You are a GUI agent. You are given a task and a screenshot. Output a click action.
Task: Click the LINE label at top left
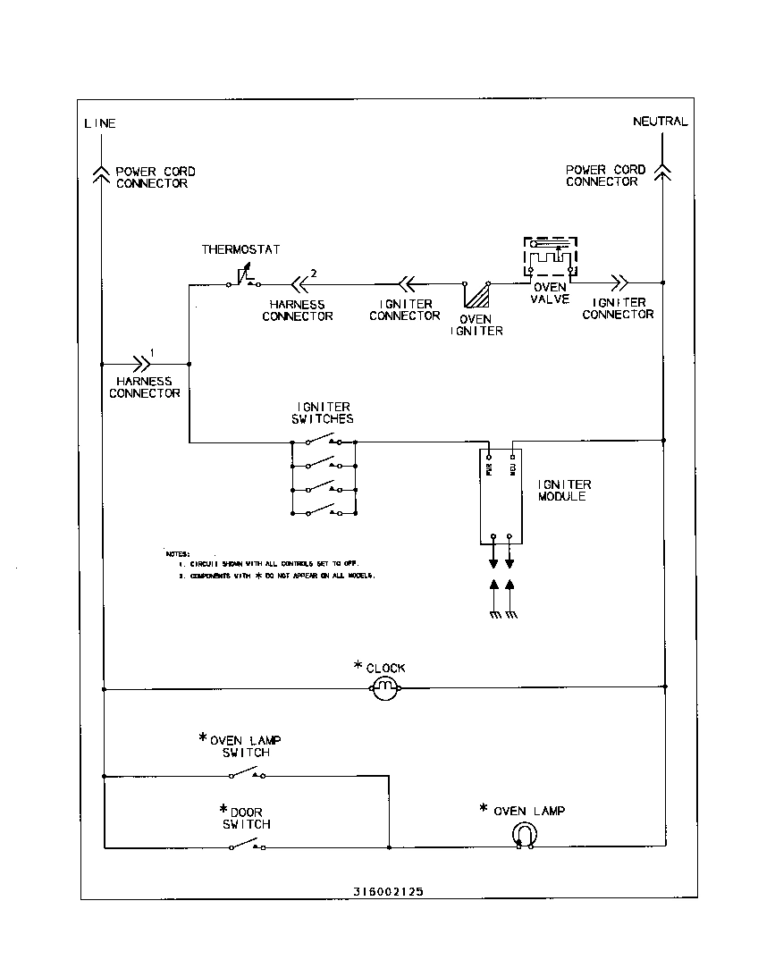pos(100,123)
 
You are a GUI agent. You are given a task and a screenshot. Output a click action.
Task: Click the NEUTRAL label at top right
pos(660,122)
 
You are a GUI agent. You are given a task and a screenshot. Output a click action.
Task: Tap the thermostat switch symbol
pos(243,280)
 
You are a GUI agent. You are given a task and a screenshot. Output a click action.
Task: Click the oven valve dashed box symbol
pos(551,257)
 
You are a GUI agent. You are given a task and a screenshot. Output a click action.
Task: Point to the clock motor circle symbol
pos(384,686)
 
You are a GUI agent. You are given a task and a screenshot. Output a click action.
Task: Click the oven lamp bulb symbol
pos(525,835)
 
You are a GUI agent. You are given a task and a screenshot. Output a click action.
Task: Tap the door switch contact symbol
pos(247,845)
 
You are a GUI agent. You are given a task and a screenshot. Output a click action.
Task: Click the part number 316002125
pos(388,891)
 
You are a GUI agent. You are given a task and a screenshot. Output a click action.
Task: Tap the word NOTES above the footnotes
pos(177,554)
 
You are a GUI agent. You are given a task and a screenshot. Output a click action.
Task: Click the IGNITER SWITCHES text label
pos(322,413)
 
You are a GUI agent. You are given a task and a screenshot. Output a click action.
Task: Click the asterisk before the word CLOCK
pos(358,666)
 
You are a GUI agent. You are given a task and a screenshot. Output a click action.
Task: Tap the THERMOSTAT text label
pos(240,249)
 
